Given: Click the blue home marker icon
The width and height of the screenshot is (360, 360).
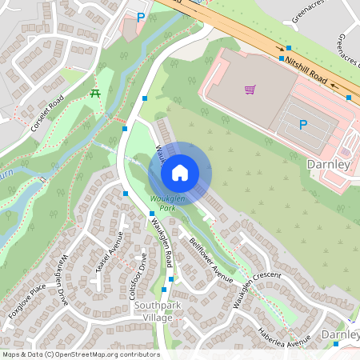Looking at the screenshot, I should tap(180, 173).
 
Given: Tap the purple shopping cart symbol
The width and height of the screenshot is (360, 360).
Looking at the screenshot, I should tap(250, 90).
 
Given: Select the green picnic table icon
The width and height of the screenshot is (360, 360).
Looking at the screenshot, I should tap(95, 94).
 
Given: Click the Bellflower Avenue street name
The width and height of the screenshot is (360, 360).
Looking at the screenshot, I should tap(210, 259).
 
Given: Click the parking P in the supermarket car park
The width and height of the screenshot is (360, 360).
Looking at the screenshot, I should tap(303, 124).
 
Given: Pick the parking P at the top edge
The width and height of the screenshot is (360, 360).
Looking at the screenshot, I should tap(142, 16).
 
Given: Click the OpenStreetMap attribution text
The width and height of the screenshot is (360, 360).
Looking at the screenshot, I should tap(80, 354).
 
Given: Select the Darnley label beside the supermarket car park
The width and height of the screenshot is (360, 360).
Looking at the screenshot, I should tap(329, 164).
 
